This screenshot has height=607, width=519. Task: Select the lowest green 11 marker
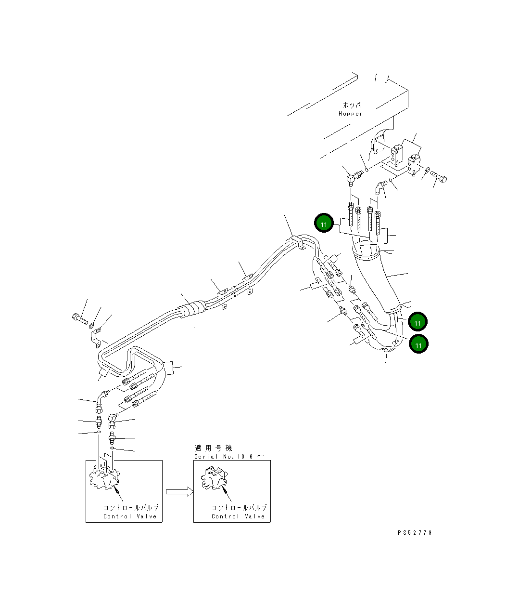[418, 344]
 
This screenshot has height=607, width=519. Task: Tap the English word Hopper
[351, 114]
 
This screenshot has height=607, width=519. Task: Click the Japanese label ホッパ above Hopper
[352, 105]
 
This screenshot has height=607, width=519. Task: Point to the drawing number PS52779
[415, 533]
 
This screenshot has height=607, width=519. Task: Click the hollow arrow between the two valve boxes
[179, 491]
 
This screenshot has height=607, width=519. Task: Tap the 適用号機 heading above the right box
[213, 448]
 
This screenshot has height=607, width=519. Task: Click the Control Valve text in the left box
[130, 516]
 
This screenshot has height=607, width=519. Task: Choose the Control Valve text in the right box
[239, 516]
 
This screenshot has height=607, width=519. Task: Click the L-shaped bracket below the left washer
[96, 337]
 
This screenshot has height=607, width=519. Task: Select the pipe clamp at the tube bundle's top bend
[298, 242]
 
